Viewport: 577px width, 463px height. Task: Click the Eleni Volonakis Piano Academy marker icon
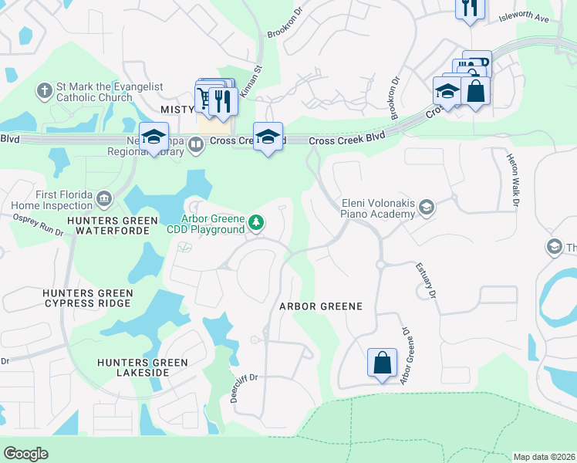pyautogui.click(x=427, y=207)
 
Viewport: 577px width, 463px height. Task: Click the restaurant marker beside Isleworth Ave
pyautogui.click(x=469, y=8)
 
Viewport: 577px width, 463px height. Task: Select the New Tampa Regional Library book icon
pyautogui.click(x=197, y=145)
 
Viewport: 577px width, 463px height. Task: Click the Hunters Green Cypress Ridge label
pyautogui.click(x=88, y=299)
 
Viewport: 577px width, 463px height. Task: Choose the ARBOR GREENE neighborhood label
pyautogui.click(x=320, y=306)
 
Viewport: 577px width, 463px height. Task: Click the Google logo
pyautogui.click(x=25, y=453)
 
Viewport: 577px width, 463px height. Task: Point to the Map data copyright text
pyautogui.click(x=544, y=457)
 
